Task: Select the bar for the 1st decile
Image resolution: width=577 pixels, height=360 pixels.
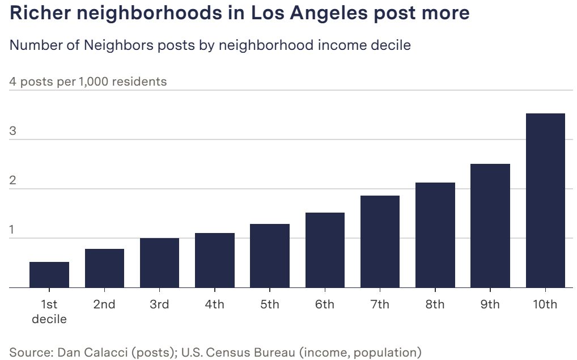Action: click(49, 275)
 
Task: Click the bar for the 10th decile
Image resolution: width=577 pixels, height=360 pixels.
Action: click(545, 201)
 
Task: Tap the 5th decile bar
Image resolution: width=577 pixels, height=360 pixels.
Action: click(270, 256)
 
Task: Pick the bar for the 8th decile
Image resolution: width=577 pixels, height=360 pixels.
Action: click(435, 235)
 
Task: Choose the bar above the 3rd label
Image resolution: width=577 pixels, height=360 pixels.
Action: click(159, 263)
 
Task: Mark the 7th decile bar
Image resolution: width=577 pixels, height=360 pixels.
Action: click(380, 242)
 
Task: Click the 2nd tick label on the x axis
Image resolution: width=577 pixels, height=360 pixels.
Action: click(104, 304)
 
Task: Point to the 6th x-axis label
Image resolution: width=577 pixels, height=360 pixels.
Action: click(325, 304)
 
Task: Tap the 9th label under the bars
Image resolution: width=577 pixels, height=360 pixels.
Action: click(490, 304)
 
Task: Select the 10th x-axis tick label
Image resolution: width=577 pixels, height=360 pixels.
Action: click(545, 304)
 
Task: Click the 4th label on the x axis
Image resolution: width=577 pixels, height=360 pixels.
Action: click(214, 304)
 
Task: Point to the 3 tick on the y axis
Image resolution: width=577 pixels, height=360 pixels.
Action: click(13, 132)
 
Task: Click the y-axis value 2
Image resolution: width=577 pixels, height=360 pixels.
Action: click(13, 181)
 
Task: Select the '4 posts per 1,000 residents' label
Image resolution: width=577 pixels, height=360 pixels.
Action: click(88, 82)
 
